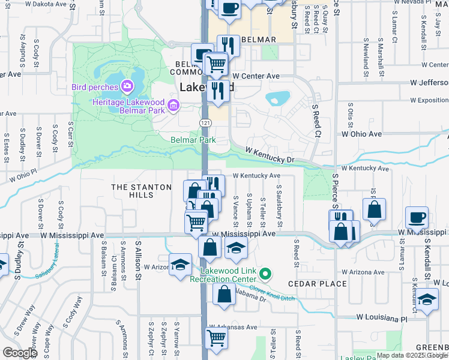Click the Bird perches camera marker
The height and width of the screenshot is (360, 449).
pos(127,87)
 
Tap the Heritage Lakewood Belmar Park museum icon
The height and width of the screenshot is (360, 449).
pos(174,106)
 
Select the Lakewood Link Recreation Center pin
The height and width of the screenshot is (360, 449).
pos(269,276)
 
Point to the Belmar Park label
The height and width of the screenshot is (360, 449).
pos(193,140)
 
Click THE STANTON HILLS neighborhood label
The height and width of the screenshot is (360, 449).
pos(142,191)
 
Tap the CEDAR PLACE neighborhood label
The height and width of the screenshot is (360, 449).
pos(317,284)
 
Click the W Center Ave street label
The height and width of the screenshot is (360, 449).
pos(256,76)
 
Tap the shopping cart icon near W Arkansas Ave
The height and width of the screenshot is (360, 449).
pos(216,336)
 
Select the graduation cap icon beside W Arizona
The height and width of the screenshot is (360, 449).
pos(179,265)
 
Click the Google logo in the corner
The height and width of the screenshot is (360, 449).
pos(20,353)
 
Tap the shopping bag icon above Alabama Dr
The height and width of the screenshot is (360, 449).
pos(224,294)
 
